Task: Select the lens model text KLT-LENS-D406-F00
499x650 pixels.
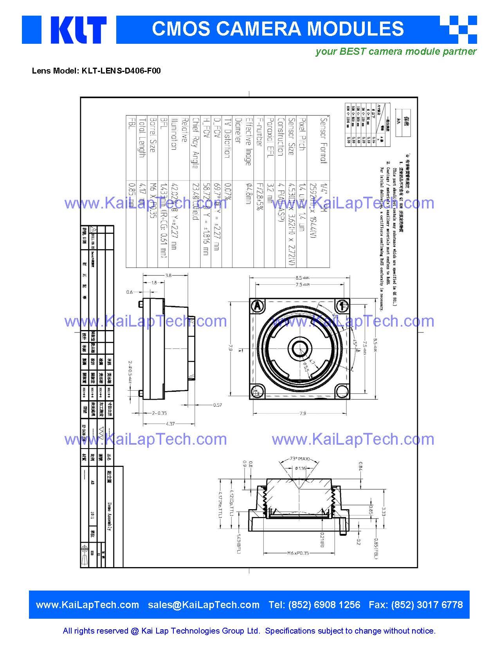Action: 121,71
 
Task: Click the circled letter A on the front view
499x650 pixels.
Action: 257,306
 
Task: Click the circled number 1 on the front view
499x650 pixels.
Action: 343,305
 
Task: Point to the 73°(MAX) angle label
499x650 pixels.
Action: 300,459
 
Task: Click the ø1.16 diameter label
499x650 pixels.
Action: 301,468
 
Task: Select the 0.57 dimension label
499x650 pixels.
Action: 218,405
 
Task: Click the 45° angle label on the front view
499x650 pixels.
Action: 355,343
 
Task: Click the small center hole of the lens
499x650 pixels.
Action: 300,347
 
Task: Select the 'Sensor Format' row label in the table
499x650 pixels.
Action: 323,140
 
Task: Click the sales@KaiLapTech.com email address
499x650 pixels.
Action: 204,605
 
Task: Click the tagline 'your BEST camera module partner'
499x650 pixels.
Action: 396,51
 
